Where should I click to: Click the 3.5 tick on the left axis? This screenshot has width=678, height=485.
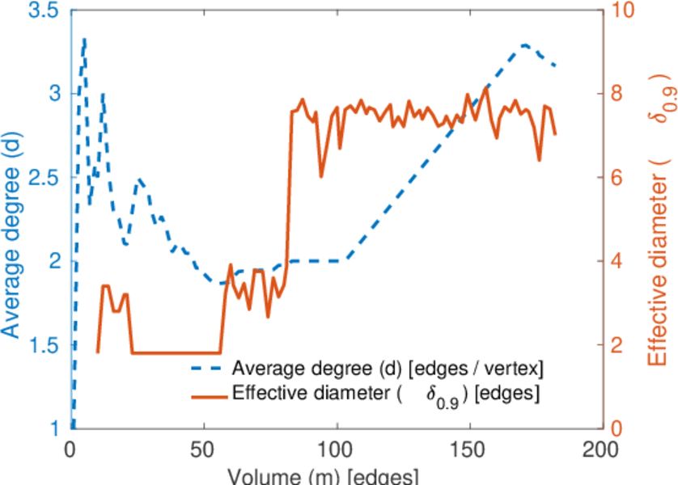39,11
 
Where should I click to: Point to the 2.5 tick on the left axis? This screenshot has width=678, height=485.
39,178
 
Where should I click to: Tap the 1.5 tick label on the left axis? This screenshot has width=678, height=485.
39,345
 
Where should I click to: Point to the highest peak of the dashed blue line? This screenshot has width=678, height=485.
84,39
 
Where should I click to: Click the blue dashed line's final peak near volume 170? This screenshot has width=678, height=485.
525,45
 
